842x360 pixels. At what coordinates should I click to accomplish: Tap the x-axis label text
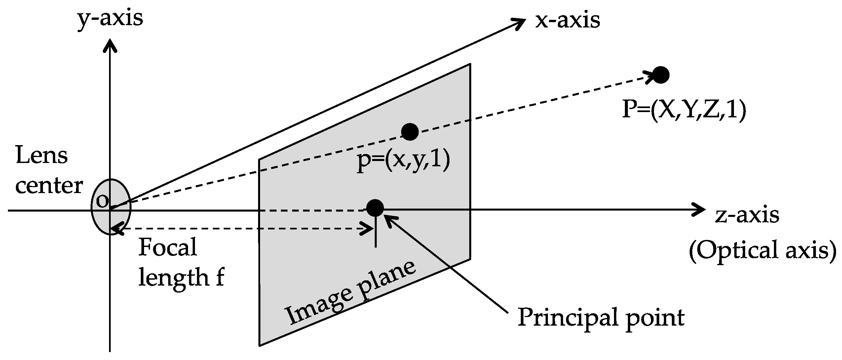(x=567, y=20)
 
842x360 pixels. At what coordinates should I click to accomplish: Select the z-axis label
(x=747, y=215)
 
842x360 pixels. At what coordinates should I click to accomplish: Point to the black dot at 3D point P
(x=661, y=75)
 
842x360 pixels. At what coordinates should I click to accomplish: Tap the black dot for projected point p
(x=410, y=132)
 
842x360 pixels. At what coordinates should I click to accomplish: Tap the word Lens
(x=41, y=155)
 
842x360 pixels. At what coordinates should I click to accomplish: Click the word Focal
(x=168, y=247)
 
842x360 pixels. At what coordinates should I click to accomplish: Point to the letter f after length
(x=219, y=277)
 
